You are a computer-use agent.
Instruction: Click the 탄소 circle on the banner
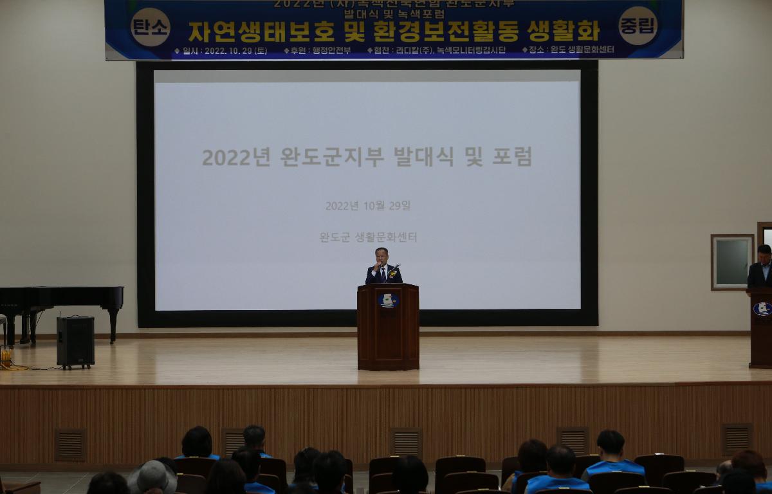(x=150, y=27)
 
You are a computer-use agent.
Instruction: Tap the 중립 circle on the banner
(x=638, y=26)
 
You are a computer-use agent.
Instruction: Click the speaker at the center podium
(x=383, y=266)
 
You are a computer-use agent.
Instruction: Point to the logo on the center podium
(x=387, y=300)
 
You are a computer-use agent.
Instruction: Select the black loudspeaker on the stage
(x=75, y=341)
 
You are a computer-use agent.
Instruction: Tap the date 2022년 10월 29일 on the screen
(x=367, y=206)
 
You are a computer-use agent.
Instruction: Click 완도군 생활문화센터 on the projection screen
(x=368, y=237)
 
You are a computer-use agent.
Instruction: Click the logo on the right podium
(x=762, y=309)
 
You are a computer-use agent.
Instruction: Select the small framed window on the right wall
(x=731, y=262)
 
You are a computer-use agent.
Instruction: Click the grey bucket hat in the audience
(x=152, y=477)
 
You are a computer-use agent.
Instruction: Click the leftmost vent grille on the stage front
(x=70, y=444)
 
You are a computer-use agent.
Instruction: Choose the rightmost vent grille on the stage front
(x=737, y=439)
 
